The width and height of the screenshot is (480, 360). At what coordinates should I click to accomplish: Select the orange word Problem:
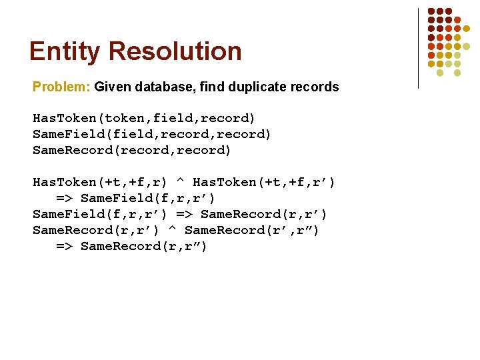click(62, 87)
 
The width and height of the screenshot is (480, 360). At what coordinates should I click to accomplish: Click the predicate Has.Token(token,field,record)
click(144, 119)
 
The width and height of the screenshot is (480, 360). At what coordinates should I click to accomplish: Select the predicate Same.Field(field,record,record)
click(152, 135)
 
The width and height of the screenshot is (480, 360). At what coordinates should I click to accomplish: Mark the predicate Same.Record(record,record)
click(132, 151)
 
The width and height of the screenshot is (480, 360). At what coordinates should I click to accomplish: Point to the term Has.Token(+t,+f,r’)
click(264, 183)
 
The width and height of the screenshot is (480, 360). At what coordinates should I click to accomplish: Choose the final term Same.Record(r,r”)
click(144, 247)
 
